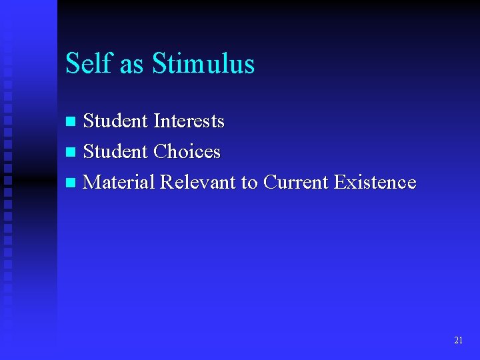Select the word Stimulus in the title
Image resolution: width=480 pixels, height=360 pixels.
point(203,63)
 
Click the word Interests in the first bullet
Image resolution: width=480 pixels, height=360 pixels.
point(189,121)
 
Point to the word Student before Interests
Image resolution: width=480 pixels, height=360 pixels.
point(116,121)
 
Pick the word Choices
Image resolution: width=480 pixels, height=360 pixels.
point(187,152)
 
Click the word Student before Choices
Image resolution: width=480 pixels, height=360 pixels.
point(116,152)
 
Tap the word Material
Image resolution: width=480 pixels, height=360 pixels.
point(120,182)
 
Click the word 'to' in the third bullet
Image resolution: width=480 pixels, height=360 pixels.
point(249,183)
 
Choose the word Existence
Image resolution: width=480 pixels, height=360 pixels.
point(375,182)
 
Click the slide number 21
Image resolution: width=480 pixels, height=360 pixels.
point(458,340)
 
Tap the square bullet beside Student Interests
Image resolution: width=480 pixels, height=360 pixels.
point(72,122)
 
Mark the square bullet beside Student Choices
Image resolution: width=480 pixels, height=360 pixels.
point(72,153)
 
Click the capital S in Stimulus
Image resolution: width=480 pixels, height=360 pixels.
point(159,63)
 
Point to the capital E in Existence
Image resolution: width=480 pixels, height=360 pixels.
point(339,182)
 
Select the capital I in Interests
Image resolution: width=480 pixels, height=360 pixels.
point(157,121)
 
